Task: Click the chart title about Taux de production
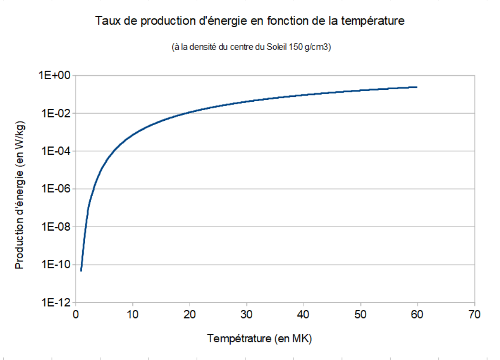click(250, 21)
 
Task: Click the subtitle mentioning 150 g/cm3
click(250, 48)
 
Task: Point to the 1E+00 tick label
click(54, 75)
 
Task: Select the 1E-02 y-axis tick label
click(55, 114)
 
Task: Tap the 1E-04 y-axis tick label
click(55, 151)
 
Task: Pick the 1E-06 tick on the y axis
click(55, 189)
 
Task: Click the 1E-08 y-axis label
click(55, 227)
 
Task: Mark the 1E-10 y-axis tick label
click(55, 265)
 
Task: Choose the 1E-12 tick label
click(55, 303)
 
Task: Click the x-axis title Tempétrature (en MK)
click(260, 339)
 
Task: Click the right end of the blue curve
click(417, 87)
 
